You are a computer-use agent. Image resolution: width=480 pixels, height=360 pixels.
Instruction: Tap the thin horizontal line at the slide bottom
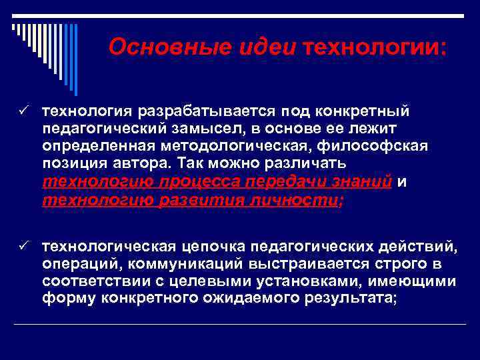click(240, 324)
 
